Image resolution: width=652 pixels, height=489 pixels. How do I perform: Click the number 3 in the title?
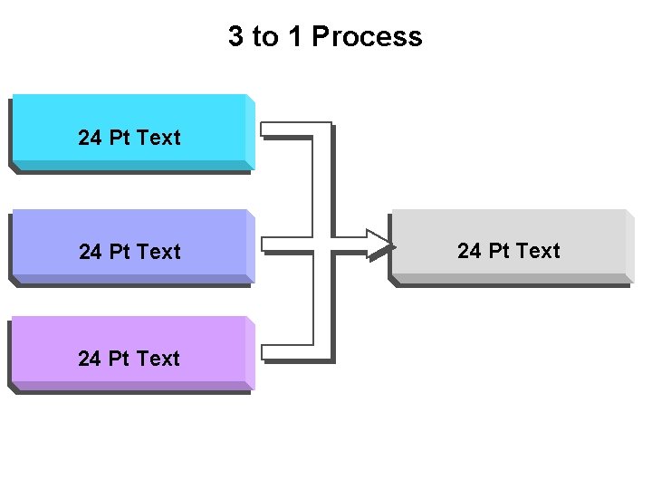coord(235,37)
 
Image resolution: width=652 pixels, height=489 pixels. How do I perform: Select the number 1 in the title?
coord(295,37)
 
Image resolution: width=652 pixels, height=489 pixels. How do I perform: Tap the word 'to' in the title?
coord(264,37)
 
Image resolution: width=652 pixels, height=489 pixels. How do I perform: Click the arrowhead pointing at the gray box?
coord(380,243)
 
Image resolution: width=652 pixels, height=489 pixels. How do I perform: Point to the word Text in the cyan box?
coord(159,138)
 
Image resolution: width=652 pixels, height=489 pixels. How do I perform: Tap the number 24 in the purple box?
coord(90,359)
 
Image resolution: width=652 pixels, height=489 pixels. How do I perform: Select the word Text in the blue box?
coord(159,252)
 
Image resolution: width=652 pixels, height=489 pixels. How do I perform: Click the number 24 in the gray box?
coord(469,251)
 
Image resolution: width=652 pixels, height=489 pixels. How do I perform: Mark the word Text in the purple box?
coord(159,359)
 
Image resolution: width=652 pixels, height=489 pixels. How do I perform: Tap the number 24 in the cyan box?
coord(90,138)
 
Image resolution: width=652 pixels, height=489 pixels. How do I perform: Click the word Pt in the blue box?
coord(120,252)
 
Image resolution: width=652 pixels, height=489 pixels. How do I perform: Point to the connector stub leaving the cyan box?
coord(285,129)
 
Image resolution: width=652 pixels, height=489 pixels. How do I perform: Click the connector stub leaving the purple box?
coord(285,352)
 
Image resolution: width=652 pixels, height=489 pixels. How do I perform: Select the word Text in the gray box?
coord(539,251)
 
